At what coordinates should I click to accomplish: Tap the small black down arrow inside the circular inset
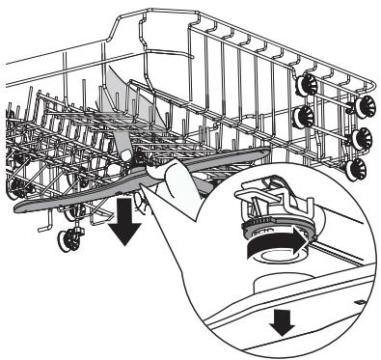coord(281,324)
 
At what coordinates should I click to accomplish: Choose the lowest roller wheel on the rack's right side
coord(357,170)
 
